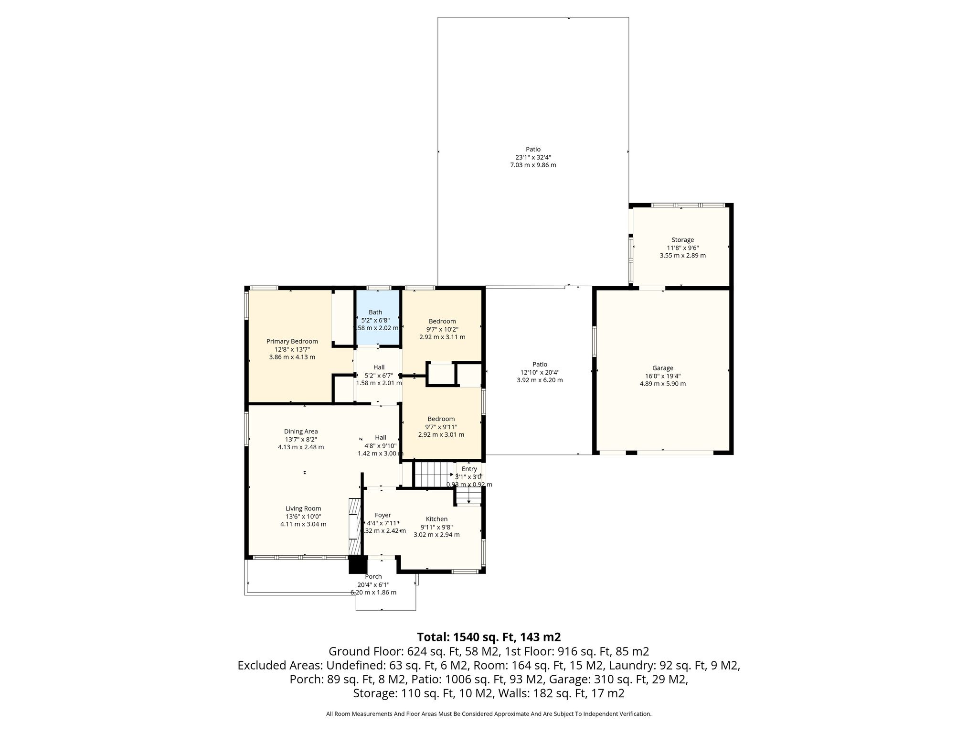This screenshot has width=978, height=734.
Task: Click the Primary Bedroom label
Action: pyautogui.click(x=292, y=341)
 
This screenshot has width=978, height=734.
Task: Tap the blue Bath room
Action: pyautogui.click(x=378, y=317)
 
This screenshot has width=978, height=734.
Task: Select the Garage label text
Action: pyautogui.click(x=663, y=368)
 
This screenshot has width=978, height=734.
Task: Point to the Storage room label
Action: pyautogui.click(x=682, y=240)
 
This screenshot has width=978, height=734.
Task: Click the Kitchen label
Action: pyautogui.click(x=436, y=519)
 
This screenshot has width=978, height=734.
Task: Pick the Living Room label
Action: pyautogui.click(x=303, y=508)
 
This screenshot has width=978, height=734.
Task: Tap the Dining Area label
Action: pyautogui.click(x=301, y=432)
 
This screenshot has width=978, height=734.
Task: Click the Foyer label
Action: pyautogui.click(x=383, y=515)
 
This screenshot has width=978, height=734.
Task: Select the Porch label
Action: pyautogui.click(x=373, y=577)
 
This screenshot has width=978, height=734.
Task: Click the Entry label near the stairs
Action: pyautogui.click(x=469, y=469)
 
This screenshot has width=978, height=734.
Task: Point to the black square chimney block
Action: pyautogui.click(x=358, y=564)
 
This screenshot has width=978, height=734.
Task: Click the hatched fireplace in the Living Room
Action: pyautogui.click(x=354, y=526)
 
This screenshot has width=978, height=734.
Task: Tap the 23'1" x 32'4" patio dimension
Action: pyautogui.click(x=533, y=157)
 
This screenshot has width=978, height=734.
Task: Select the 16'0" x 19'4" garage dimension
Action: pyautogui.click(x=663, y=376)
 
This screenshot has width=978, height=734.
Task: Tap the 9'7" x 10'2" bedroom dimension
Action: pyautogui.click(x=442, y=329)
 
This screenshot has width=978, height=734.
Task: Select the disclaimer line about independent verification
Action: pyautogui.click(x=489, y=714)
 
